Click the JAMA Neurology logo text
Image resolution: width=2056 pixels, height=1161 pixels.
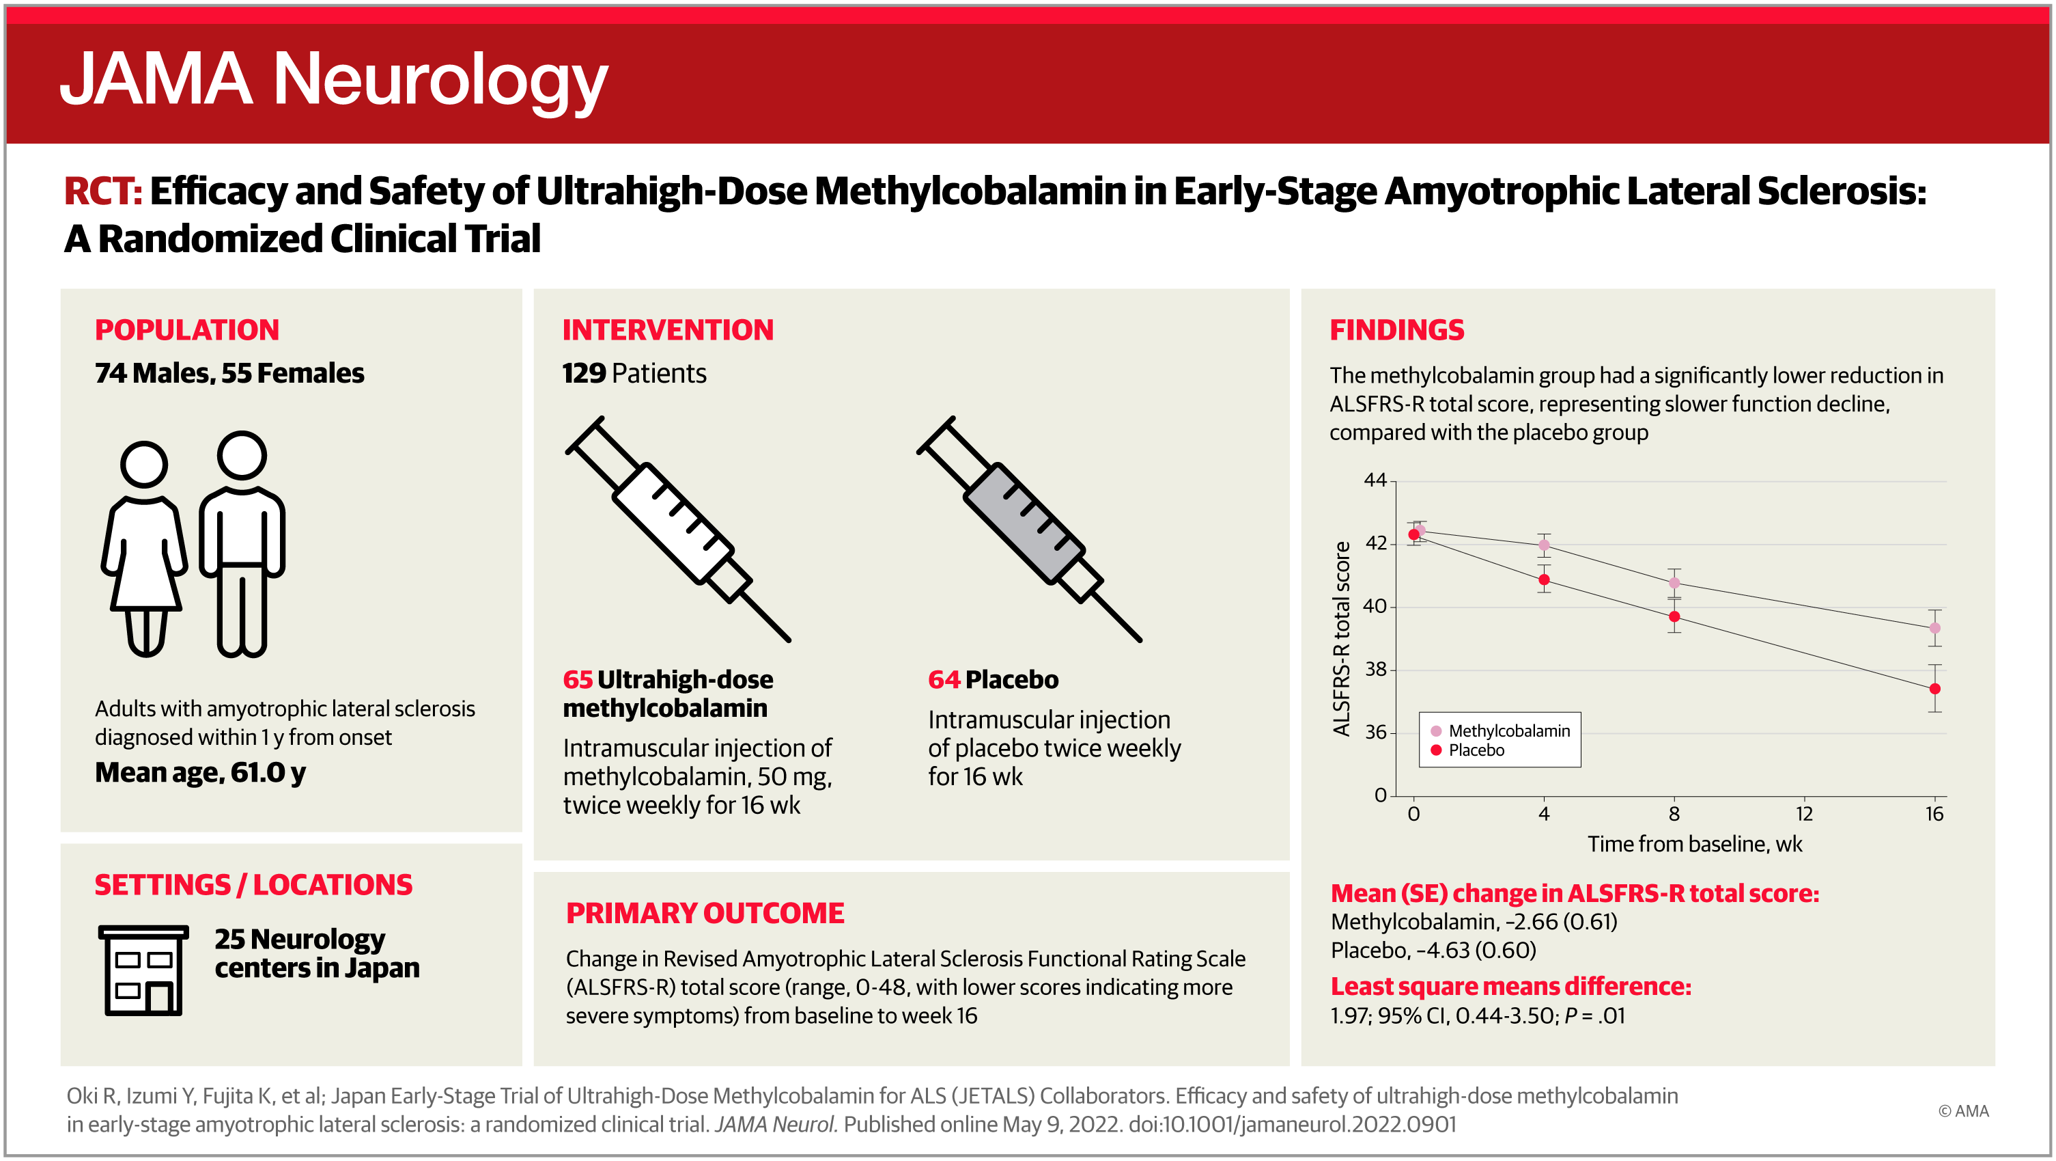coord(334,81)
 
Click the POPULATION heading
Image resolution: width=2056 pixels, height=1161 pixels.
coord(187,330)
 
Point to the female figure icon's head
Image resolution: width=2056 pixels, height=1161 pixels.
coord(145,464)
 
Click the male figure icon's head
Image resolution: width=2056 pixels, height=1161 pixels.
coord(242,455)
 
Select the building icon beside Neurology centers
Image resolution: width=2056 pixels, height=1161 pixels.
coord(143,970)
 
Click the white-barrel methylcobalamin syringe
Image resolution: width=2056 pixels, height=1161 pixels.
coord(679,529)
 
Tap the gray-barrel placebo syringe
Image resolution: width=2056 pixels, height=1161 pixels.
coord(1030,529)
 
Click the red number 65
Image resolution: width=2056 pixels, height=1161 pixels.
coord(578,679)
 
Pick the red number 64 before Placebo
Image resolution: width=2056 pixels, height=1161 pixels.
coord(944,679)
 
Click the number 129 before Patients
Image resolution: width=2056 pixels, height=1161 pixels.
coord(585,373)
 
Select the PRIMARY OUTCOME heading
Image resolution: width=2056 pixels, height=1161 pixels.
coord(705,913)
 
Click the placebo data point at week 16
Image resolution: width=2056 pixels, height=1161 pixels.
coord(1934,689)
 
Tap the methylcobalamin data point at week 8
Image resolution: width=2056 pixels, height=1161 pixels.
coord(1674,583)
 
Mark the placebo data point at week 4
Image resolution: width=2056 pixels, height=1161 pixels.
coord(1545,579)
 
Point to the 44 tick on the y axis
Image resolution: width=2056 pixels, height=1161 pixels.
coord(1375,480)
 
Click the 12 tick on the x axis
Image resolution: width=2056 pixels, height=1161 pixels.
coord(1805,814)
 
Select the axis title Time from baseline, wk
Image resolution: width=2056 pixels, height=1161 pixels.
coord(1695,844)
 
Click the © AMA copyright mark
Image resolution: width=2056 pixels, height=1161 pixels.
coord(1963,1110)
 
